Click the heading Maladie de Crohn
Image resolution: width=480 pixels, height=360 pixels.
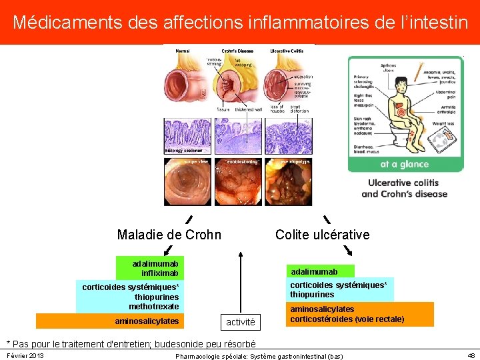pos(169,235)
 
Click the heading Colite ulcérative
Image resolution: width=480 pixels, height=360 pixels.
pos(322,235)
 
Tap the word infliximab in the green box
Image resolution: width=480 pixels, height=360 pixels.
pos(160,273)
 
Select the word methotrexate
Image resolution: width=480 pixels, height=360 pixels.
pos(154,306)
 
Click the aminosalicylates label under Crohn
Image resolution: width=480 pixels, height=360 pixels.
pos(147,321)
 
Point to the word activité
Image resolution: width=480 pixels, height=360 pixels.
pos(240,322)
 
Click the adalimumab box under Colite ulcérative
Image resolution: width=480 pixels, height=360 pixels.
pos(313,271)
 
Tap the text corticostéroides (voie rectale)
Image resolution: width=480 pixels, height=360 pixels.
pos(347,319)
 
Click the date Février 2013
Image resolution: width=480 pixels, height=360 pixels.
pos(25,356)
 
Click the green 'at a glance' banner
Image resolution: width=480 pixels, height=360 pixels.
pos(404,164)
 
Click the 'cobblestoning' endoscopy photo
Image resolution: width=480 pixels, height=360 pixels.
pos(239,182)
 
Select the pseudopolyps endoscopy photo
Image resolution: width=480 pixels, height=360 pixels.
pos(289,182)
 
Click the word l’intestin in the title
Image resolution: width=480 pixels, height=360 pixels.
pos(433,22)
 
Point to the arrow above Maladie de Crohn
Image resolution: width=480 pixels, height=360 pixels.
pos(189,219)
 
